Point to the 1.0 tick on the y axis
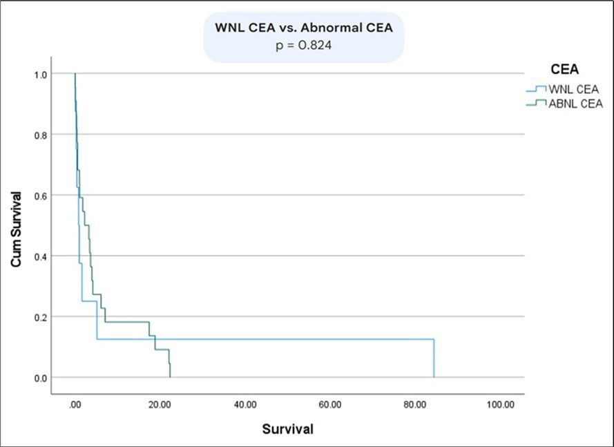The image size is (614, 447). [x=41, y=75]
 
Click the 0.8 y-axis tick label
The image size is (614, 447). [x=41, y=135]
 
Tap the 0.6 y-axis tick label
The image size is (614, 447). [x=41, y=196]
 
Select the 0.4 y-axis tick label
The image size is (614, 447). [x=41, y=256]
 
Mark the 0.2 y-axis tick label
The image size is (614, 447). [x=41, y=317]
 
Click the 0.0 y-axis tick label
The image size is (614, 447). [x=41, y=378]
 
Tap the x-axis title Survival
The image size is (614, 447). [x=287, y=429]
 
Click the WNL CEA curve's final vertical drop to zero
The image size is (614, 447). [x=434, y=359]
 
